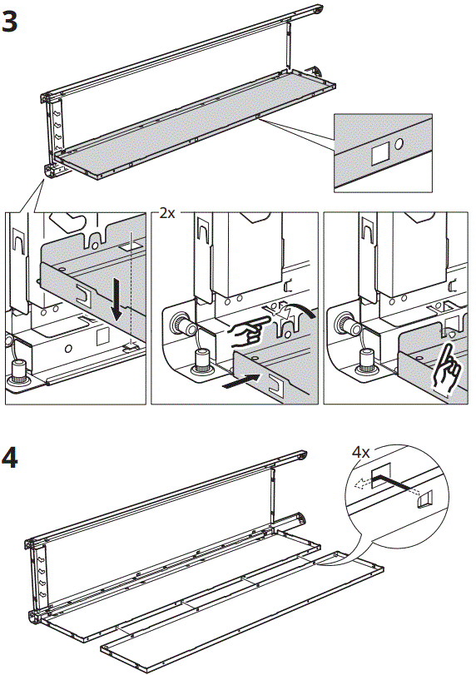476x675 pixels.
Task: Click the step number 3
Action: pos(9,22)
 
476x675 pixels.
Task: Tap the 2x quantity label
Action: pos(167,212)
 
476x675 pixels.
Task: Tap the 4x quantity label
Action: pos(360,452)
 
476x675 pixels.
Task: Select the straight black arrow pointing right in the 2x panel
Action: pos(241,381)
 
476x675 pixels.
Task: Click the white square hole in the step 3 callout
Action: pos(380,153)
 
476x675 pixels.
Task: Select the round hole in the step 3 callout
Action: pos(399,143)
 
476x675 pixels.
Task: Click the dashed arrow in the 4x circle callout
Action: pos(362,484)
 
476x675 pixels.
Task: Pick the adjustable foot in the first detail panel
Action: pos(18,370)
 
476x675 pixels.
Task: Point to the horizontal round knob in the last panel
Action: pos(345,323)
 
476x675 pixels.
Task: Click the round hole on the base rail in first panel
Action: pos(68,348)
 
